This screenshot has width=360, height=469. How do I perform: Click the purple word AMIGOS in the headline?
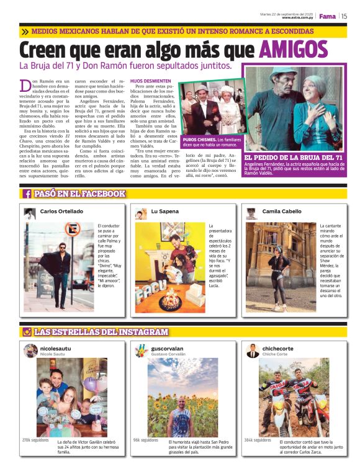pyautogui.click(x=293, y=50)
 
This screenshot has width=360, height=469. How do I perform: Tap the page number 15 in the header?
pyautogui.click(x=344, y=16)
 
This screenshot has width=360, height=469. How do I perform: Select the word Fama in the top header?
pyautogui.click(x=327, y=16)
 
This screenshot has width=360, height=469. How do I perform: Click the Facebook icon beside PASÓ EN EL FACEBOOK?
pyautogui.click(x=27, y=194)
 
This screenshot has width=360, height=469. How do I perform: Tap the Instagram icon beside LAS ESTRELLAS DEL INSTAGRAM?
pyautogui.click(x=27, y=332)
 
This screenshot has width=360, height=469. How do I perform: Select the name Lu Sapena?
pyautogui.click(x=163, y=212)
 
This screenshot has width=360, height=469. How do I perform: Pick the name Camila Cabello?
pyautogui.click(x=282, y=212)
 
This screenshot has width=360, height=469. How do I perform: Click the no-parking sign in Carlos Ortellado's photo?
pyautogui.click(x=72, y=230)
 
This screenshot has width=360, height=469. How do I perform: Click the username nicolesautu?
pyautogui.click(x=56, y=349)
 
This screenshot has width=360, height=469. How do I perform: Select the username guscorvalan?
pyautogui.click(x=168, y=349)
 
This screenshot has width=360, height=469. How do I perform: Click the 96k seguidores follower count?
pyautogui.click(x=145, y=440)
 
